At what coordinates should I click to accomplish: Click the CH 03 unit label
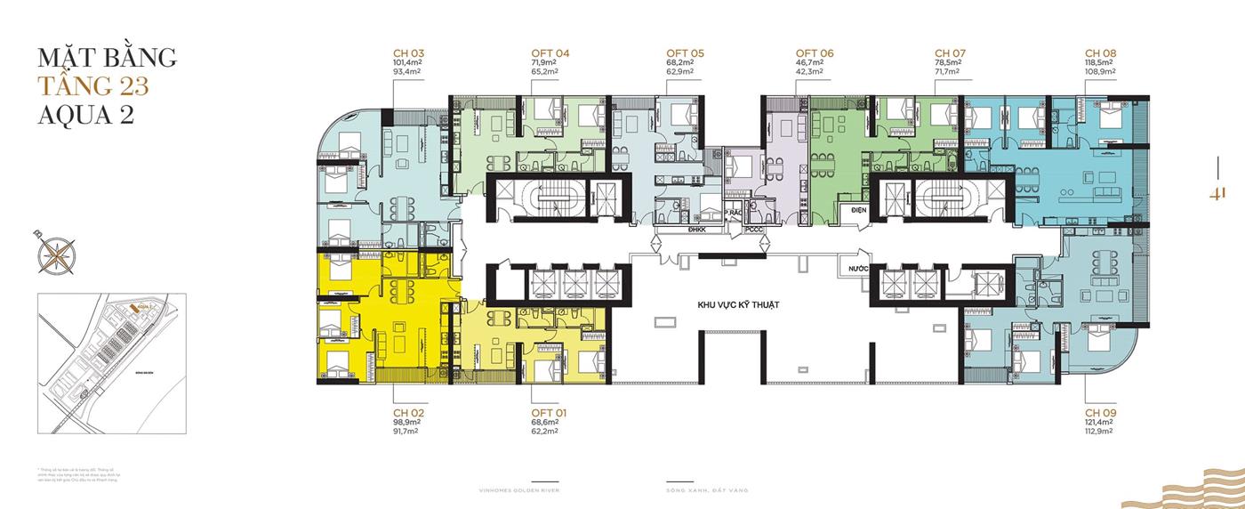tap(408, 53)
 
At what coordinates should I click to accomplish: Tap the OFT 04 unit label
tap(550, 53)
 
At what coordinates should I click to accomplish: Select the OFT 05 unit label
tap(685, 53)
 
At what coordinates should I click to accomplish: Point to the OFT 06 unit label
tap(815, 53)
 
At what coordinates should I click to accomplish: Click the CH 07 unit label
tap(951, 53)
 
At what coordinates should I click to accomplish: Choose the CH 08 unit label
tap(1100, 53)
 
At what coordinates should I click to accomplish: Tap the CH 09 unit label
tap(1100, 413)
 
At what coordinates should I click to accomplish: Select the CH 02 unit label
tap(408, 413)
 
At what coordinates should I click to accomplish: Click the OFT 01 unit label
tap(550, 413)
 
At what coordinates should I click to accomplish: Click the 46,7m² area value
tap(810, 63)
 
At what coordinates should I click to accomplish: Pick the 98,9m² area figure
tap(406, 424)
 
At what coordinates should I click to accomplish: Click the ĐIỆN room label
tap(858, 210)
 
